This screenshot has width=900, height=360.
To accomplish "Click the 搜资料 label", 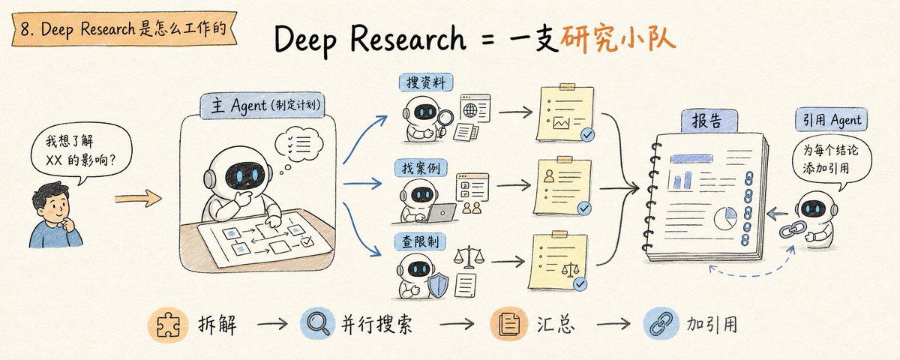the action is pyautogui.click(x=426, y=82).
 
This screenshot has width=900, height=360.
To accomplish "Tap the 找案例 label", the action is pyautogui.click(x=421, y=168).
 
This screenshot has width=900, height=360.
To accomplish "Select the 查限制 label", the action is pyautogui.click(x=420, y=241).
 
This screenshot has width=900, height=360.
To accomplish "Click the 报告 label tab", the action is pyautogui.click(x=709, y=121).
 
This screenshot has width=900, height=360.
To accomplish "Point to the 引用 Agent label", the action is pyautogui.click(x=831, y=119).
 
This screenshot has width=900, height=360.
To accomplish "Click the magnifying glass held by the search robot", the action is pyautogui.click(x=445, y=121).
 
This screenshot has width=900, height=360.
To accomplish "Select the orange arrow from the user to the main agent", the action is pyautogui.click(x=138, y=198).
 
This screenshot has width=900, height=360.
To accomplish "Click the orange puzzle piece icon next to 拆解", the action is pyautogui.click(x=168, y=325).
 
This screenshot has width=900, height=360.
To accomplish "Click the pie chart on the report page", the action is pyautogui.click(x=725, y=218).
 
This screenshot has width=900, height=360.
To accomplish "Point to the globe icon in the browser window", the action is pyautogui.click(x=470, y=110).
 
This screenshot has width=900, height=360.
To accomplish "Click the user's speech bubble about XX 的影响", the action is pyautogui.click(x=82, y=151).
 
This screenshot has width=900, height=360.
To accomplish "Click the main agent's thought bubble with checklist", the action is pyautogui.click(x=299, y=145).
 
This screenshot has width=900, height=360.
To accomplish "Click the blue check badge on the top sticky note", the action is pyautogui.click(x=587, y=134).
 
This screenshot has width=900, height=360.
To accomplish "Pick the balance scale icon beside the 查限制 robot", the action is pyautogui.click(x=469, y=258).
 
